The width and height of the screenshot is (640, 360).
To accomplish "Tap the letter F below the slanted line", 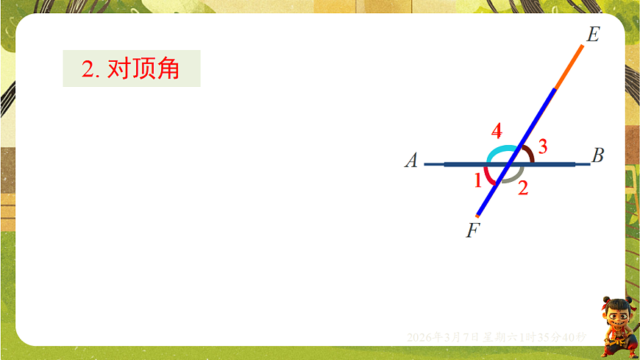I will click(473, 230).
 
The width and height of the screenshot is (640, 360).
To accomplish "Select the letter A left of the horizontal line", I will click(412, 160).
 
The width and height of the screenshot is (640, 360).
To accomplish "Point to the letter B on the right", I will click(598, 155).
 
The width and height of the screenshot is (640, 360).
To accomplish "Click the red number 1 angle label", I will click(478, 179).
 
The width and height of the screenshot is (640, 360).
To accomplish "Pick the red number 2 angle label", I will click(523, 188).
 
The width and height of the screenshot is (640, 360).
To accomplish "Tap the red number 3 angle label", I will click(542, 147).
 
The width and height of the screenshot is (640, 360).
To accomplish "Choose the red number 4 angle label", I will click(497, 132).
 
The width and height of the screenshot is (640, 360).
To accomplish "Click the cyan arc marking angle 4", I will click(497, 151).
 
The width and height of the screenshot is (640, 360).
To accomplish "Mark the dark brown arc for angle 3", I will click(530, 153).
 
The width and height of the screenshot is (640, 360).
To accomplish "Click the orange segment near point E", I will click(569, 67).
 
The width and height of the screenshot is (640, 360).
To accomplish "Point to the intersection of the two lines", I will click(510, 164).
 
